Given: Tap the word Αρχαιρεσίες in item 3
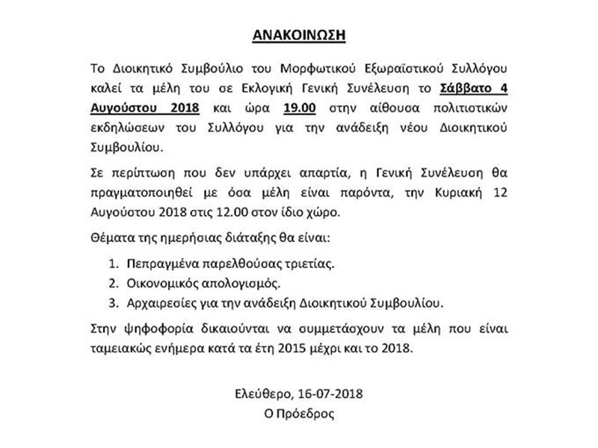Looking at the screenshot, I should pyautogui.click(x=161, y=302).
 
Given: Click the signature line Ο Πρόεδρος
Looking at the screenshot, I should pyautogui.click(x=300, y=410).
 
